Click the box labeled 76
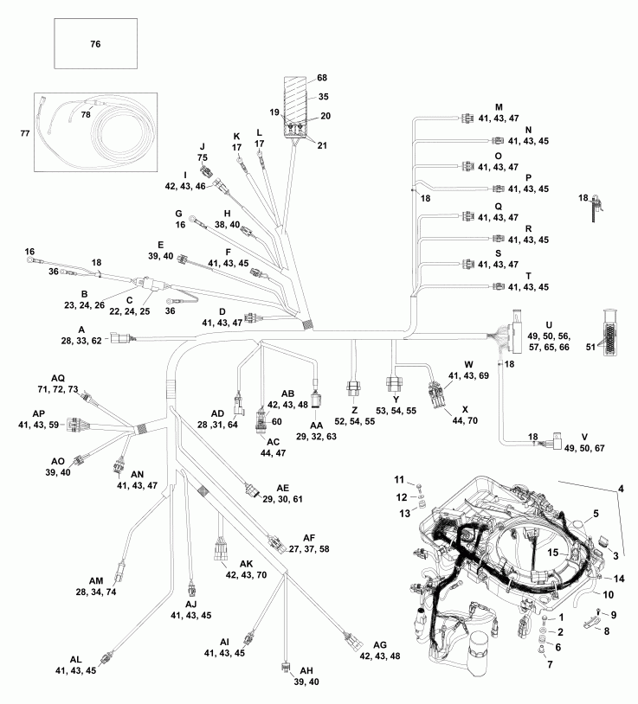(x=95, y=43)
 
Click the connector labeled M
(x=467, y=118)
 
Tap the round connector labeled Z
(x=354, y=387)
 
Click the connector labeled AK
(x=221, y=551)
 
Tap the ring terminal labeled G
(x=192, y=221)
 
